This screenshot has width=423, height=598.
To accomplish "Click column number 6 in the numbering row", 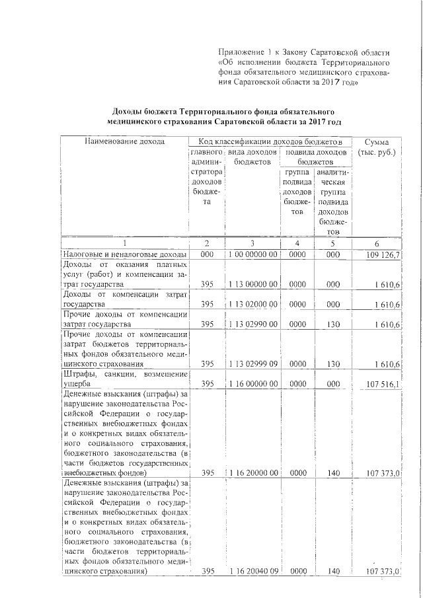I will pos(376,243).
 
